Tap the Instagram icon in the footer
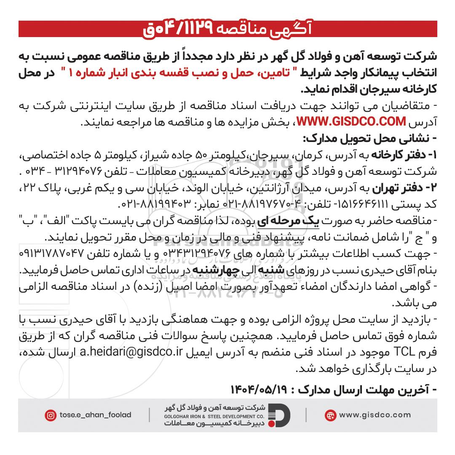pos(50,415)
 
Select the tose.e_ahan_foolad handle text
pos(96,415)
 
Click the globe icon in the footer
pos(330,415)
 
